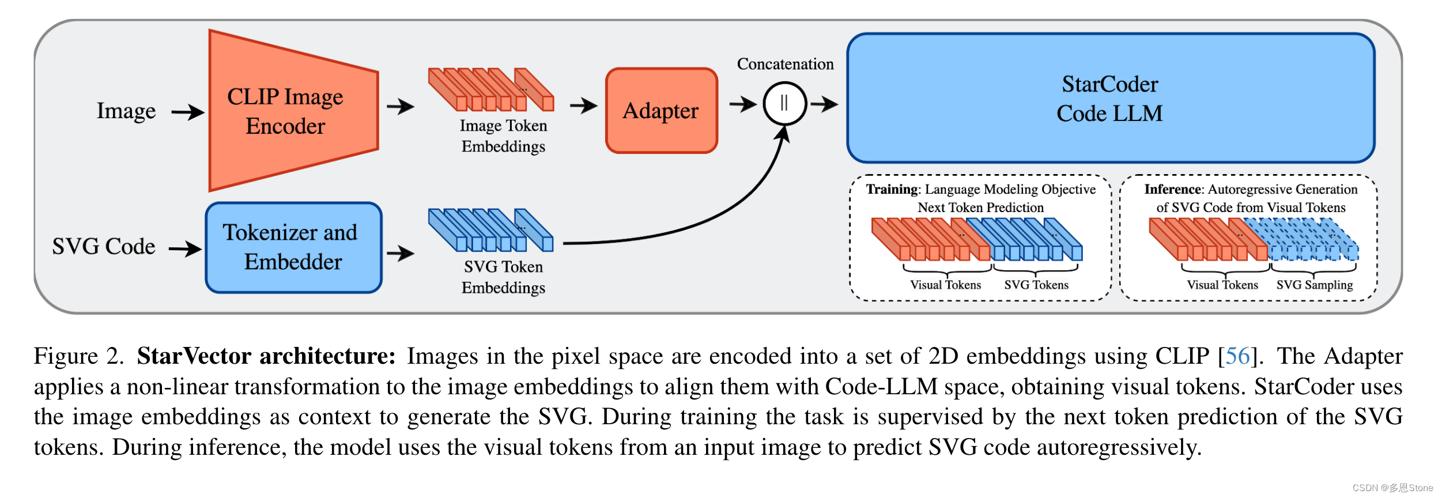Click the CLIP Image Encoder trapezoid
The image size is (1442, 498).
click(288, 111)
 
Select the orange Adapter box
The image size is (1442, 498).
click(661, 111)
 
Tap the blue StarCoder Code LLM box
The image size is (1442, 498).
click(1110, 99)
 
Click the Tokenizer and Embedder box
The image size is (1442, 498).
click(293, 247)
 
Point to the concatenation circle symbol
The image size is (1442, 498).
click(784, 104)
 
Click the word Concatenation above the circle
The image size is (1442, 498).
click(785, 64)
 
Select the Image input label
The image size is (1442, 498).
click(126, 111)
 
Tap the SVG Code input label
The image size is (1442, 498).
click(104, 247)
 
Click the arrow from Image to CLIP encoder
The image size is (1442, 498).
click(188, 112)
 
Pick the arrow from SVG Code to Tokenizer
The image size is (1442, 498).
click(185, 249)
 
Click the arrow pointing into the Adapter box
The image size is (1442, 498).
click(583, 105)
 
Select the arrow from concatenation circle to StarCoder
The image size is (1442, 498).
click(824, 104)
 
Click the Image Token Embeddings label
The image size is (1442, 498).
click(503, 136)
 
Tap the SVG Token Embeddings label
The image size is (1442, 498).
click(503, 277)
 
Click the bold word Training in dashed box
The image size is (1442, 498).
click(892, 190)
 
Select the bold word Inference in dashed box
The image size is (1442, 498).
click(1173, 190)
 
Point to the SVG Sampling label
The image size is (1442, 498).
click(1314, 285)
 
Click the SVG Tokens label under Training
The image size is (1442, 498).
click(1036, 285)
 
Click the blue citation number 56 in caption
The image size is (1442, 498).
click(1237, 356)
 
